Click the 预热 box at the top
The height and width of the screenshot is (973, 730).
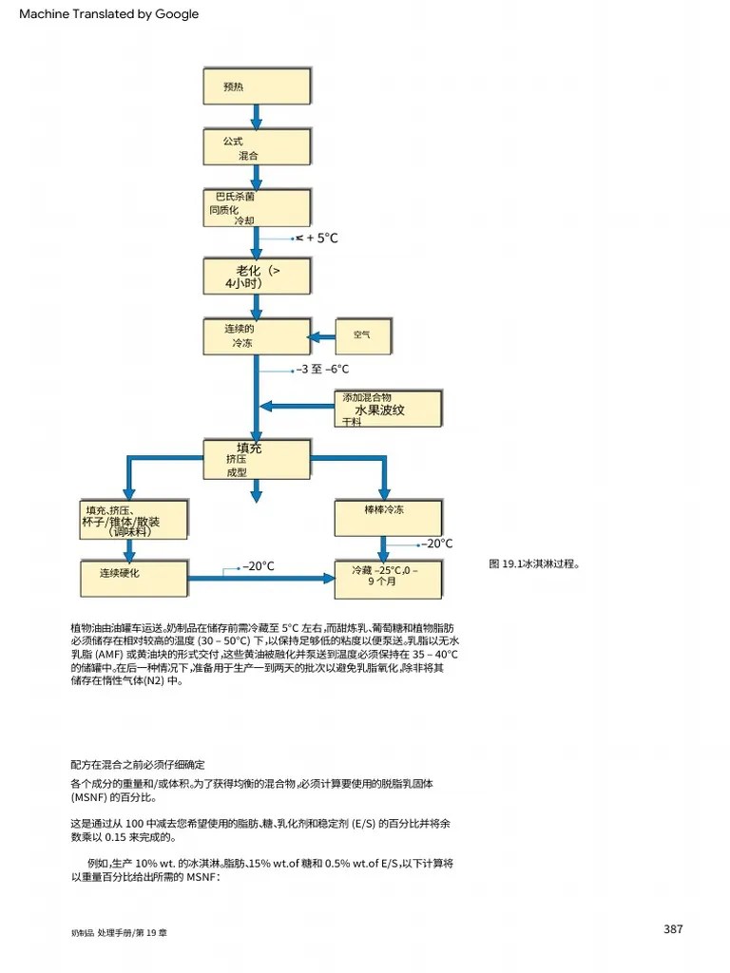click(x=257, y=86)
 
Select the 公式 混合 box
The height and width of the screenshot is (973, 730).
click(x=257, y=147)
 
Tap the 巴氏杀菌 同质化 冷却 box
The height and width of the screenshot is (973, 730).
click(x=257, y=208)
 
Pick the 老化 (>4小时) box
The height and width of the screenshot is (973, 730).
click(x=257, y=276)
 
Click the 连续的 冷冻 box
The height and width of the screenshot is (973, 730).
click(x=257, y=336)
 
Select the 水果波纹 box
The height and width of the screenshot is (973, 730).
click(x=387, y=410)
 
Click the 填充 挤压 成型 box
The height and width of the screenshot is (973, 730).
click(x=257, y=459)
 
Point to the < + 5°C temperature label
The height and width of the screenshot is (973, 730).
click(x=317, y=238)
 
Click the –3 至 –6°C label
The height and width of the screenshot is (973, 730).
click(x=322, y=370)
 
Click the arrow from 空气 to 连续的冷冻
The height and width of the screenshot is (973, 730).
click(x=323, y=336)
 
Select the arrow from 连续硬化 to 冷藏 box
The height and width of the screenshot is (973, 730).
click(x=261, y=578)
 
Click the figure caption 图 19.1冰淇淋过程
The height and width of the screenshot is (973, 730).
click(x=534, y=563)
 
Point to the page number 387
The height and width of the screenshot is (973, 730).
click(x=673, y=929)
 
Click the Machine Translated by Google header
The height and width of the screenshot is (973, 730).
click(x=109, y=14)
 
